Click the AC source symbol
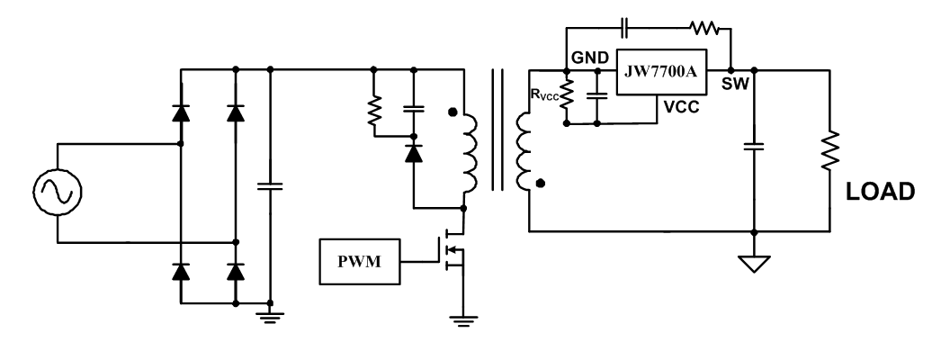(x=56, y=192)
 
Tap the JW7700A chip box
(x=661, y=69)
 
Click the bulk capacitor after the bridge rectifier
(x=270, y=186)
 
